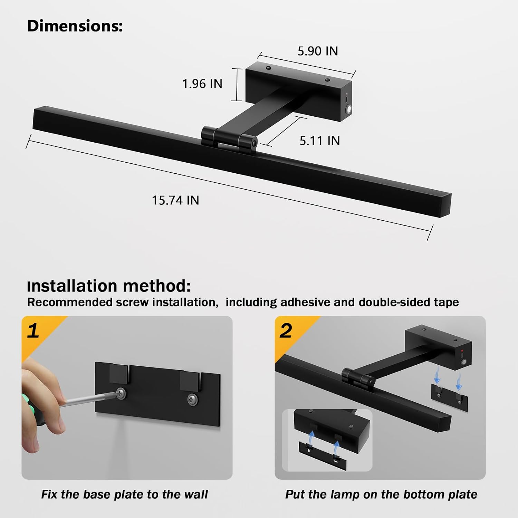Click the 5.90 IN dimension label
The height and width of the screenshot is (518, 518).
(x=318, y=51)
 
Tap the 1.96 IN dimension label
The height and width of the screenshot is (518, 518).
(x=202, y=84)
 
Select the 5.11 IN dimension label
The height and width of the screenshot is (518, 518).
(x=319, y=141)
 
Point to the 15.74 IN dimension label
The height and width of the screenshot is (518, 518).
(x=175, y=200)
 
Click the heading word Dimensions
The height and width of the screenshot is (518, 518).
(x=75, y=26)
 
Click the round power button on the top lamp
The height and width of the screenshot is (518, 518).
(x=349, y=109)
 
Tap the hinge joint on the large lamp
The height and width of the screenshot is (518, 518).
(x=229, y=139)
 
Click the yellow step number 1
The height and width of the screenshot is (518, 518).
(x=33, y=330)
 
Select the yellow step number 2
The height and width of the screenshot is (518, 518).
(x=286, y=330)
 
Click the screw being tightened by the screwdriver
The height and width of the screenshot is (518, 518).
(x=121, y=393)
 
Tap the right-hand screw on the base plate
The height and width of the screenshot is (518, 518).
(x=192, y=400)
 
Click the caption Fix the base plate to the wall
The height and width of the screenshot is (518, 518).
(x=124, y=494)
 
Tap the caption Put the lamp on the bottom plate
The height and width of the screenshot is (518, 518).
(x=381, y=494)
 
